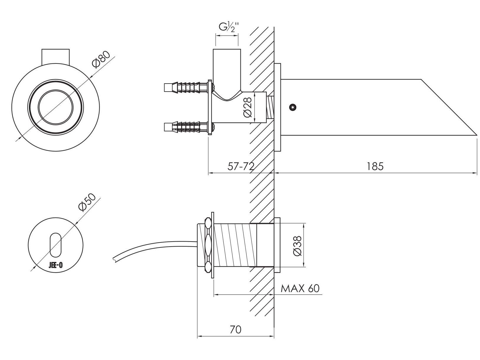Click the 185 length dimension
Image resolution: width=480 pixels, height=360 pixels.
point(375,166)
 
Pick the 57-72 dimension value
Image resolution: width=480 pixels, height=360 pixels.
point(241,166)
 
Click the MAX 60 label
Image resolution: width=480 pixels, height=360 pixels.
point(300,288)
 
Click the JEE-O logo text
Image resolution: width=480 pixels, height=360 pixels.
point(56,265)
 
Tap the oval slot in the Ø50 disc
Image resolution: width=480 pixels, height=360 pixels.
point(56,245)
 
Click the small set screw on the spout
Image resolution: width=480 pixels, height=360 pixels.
point(292,107)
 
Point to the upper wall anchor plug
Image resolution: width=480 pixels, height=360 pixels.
point(186,87)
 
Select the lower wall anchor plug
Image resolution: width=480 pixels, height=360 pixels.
point(186,127)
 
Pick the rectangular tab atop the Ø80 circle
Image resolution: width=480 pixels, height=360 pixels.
point(56,56)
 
